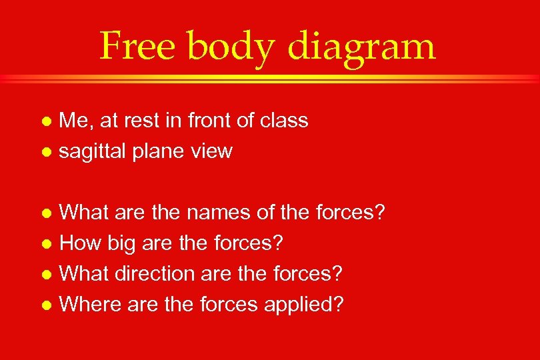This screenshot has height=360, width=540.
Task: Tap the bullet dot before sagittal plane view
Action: [46, 153]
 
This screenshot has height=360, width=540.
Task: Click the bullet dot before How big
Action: [46, 245]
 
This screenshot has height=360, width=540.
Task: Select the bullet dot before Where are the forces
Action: [46, 305]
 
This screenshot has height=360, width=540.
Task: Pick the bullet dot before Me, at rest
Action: [46, 122]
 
